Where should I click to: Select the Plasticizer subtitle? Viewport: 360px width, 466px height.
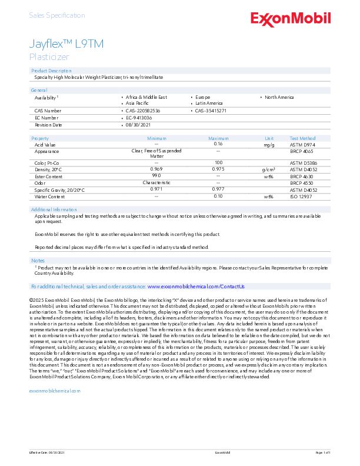click(49, 57)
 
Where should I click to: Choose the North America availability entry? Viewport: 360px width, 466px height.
click(279, 97)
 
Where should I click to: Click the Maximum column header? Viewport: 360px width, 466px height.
click(218, 138)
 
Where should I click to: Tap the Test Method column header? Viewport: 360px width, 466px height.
click(302, 138)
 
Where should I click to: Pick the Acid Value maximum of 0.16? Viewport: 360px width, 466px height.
click(218, 144)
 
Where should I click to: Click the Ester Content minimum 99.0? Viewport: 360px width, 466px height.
click(156, 176)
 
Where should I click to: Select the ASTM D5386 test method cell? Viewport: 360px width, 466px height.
click(303, 162)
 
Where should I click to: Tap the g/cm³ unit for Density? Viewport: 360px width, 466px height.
click(269, 169)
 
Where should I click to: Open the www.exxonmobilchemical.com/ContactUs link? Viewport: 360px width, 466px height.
click(196, 286)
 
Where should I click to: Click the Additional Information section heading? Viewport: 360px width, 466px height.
click(54, 209)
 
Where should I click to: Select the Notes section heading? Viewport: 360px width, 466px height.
click(38, 260)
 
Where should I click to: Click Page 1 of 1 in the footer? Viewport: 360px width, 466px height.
click(323, 452)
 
